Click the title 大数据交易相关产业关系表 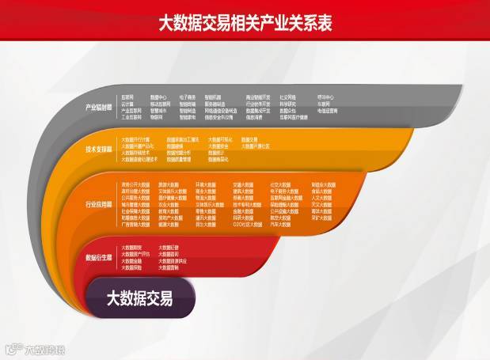click(245, 23)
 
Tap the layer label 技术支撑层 click(99, 148)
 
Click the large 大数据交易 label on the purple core click(139, 299)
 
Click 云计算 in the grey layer click(127, 104)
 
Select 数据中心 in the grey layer click(158, 98)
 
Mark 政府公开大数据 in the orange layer click(135, 184)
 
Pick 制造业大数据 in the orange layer click(322, 184)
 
